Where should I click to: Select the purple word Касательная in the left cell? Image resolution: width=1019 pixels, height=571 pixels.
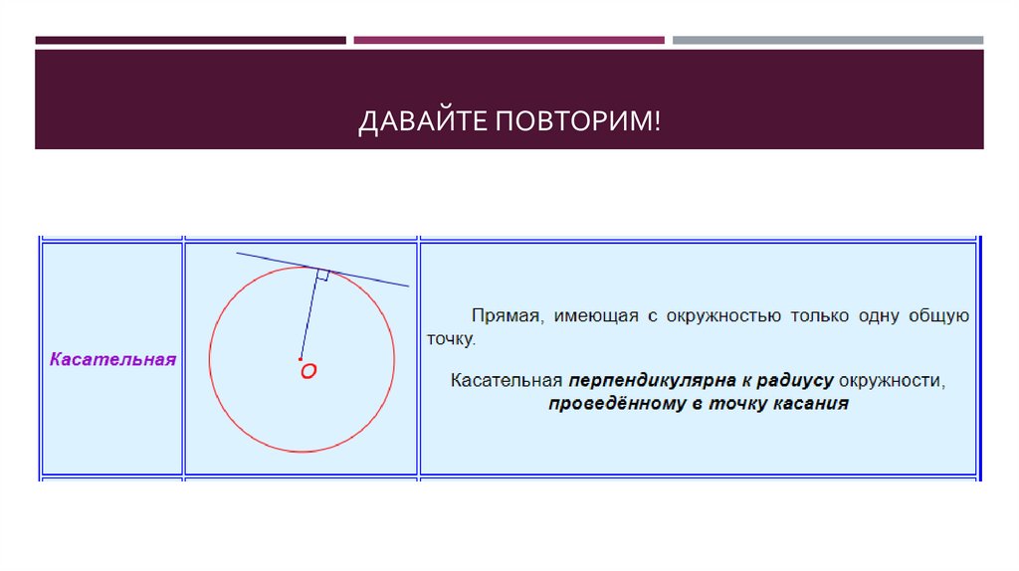coord(112,359)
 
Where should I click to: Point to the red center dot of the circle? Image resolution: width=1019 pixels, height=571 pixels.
coord(301,358)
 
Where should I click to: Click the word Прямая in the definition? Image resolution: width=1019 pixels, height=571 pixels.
coord(504,316)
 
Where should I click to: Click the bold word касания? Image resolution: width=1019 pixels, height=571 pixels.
coord(814,404)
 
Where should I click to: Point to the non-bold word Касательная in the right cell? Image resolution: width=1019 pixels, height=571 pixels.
coord(506,381)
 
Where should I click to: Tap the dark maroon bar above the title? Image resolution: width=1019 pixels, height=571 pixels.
coord(190,41)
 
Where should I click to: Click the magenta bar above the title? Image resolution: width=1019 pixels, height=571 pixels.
coord(509,41)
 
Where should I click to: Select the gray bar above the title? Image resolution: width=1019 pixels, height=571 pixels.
coord(827,41)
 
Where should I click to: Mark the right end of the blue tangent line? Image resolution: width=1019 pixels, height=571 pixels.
coord(407,285)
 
